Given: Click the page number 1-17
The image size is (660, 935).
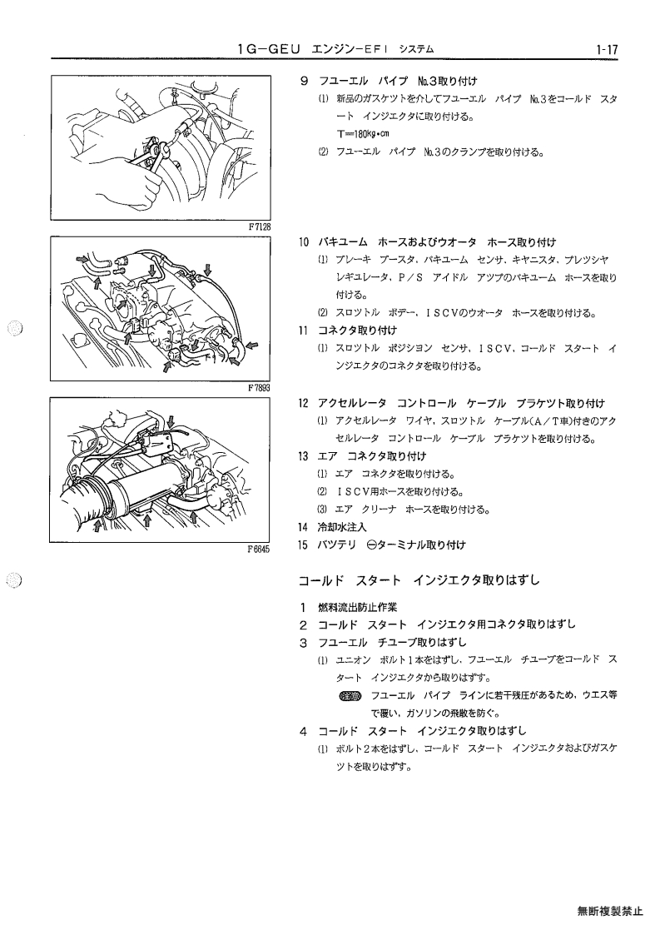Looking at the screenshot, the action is (x=605, y=49).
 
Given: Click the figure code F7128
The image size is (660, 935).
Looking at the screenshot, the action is (x=260, y=226).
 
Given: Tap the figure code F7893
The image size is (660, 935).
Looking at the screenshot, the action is (x=260, y=388).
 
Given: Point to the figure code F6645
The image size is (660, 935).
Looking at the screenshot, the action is (x=259, y=550).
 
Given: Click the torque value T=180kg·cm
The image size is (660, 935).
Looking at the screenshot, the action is (x=363, y=134).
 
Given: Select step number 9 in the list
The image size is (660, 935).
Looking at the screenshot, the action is (x=304, y=82).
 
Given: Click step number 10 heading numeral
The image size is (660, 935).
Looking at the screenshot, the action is (x=304, y=242).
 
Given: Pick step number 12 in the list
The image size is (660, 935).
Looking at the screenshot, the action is (x=304, y=404).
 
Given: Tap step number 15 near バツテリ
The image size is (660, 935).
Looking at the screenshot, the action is (x=304, y=545).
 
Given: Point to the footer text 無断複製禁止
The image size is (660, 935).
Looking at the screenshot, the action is (x=610, y=911).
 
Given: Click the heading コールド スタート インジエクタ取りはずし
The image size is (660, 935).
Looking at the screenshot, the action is (x=419, y=580).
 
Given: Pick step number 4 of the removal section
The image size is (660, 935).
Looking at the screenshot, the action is (x=304, y=732).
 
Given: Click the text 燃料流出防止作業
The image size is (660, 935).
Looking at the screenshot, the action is (x=357, y=609).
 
